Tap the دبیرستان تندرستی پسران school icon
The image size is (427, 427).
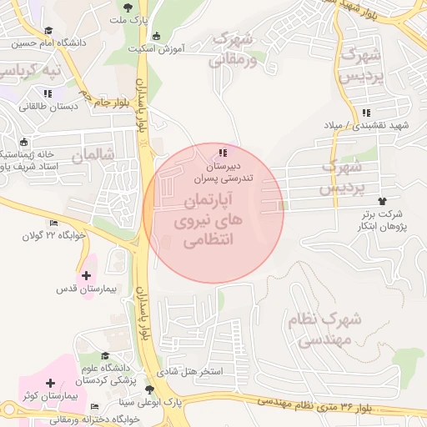pyautogui.click(x=222, y=153)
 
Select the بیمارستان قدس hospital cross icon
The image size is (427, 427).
pyautogui.click(x=87, y=275)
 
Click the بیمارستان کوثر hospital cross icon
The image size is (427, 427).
pyautogui.click(x=52, y=383)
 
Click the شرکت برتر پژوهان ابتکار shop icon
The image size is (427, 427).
pyautogui.click(x=383, y=201)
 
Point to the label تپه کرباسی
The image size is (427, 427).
pyautogui.click(x=33, y=71)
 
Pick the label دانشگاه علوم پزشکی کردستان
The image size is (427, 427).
pyautogui.click(x=106, y=372)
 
